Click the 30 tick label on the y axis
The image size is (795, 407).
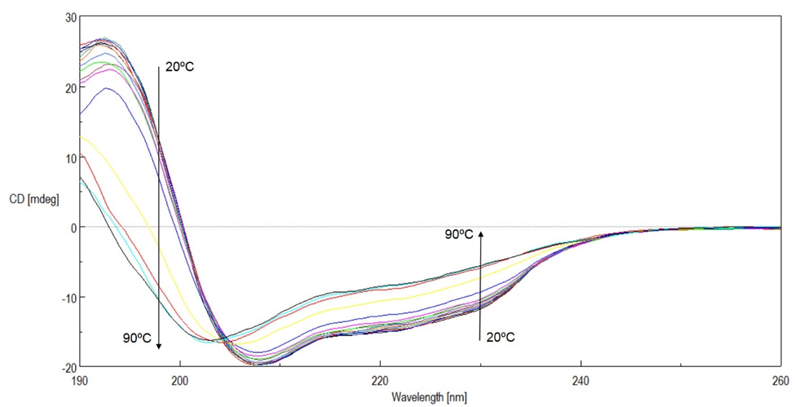tap(71, 17)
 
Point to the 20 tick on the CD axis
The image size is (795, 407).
tap(71, 87)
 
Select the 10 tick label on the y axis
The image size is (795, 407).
tap(71, 157)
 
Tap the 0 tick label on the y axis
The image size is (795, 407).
tap(73, 228)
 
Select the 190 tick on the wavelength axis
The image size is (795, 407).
tap(80, 380)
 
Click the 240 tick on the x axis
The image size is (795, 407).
tap(581, 380)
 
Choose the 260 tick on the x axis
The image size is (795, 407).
tap(780, 380)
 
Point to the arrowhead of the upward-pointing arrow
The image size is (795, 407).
tap(481, 234)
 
